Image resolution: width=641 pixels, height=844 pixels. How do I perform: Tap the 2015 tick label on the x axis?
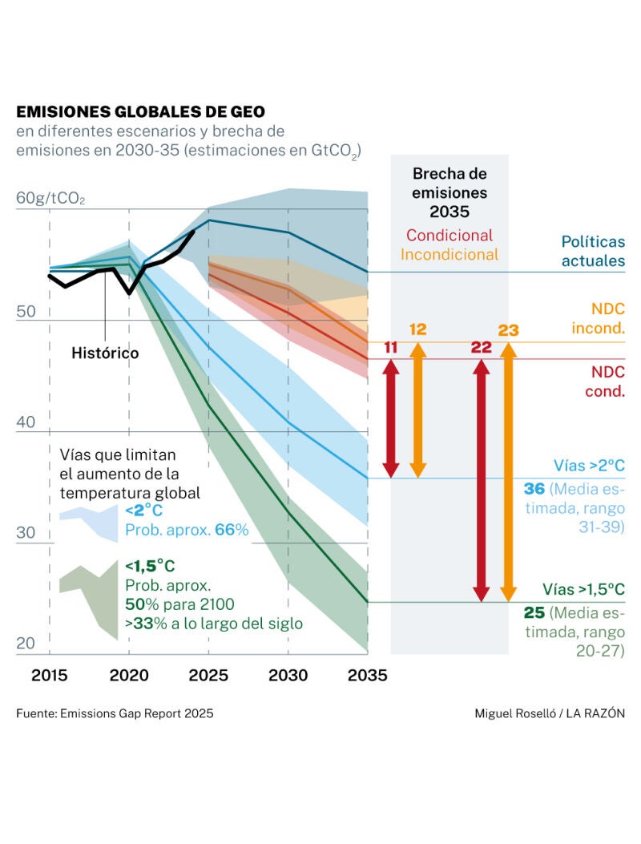pos(50,675)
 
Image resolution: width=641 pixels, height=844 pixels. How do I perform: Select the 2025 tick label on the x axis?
pos(208,675)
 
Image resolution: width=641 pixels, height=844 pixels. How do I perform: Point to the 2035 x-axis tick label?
pos(367,675)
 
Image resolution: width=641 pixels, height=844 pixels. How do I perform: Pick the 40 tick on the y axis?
pos(27,422)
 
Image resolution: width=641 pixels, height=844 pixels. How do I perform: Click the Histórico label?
pos(105,353)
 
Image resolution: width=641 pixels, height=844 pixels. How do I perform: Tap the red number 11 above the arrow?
pos(390,347)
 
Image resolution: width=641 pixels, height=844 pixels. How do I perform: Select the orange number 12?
pos(417,329)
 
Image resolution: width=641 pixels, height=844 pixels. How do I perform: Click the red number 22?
pos(481,347)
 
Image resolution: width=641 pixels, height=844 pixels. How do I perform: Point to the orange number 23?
pos(508,329)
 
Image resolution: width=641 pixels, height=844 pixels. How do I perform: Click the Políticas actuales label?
pos(592,250)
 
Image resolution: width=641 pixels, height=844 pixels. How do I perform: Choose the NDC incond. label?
pos(598,318)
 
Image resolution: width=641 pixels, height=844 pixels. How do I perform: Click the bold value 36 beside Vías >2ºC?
pos(534,489)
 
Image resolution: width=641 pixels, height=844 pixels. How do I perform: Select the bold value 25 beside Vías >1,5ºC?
pos(534,613)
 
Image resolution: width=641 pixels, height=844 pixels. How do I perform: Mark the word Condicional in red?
pos(449,236)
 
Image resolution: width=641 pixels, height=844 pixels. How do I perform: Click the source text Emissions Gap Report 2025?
pos(115,713)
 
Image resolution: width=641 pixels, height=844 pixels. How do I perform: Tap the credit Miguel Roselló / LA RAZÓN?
pos(549,713)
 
